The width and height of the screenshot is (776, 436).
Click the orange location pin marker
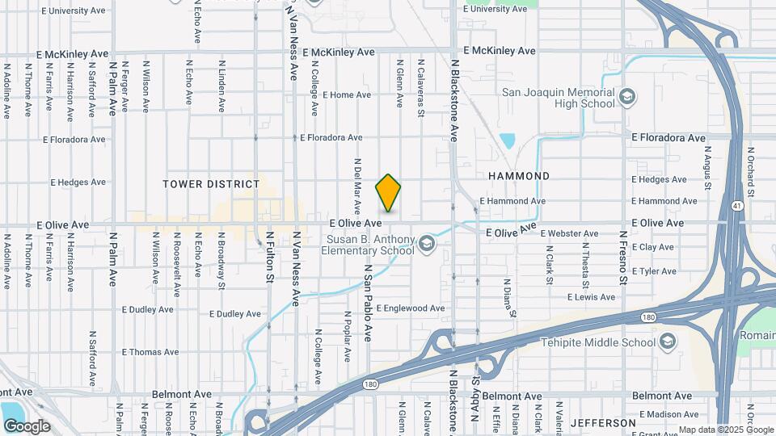388,193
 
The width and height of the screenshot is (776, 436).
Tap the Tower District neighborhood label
212,184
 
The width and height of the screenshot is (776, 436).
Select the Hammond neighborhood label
519,176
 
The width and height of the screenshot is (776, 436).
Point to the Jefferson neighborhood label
604,422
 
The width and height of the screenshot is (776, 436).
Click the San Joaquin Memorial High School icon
626,99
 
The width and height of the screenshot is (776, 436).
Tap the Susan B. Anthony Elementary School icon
427,242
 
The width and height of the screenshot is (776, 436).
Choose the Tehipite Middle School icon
667,342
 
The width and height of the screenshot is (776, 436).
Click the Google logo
27,426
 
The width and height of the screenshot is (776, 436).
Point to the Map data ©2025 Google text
726,430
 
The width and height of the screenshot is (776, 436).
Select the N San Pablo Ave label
367,300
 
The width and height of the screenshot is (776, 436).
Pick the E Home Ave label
346,94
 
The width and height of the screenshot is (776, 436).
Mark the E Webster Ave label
569,233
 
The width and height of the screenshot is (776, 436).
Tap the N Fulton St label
269,257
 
